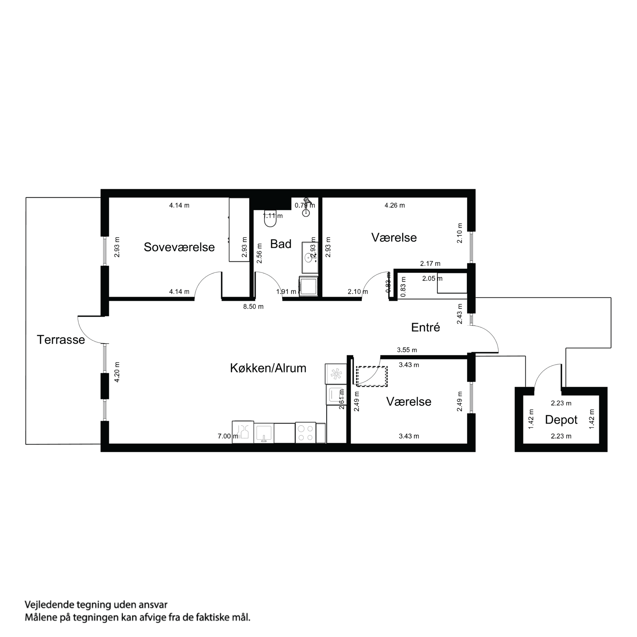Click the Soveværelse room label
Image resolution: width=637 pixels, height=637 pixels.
pos(179,247)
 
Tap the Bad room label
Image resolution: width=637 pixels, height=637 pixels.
pos(281,244)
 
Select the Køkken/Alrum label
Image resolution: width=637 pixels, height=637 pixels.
pos(268,368)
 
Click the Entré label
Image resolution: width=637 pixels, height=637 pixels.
pos(425,327)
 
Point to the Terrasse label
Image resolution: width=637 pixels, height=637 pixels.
pos(61,340)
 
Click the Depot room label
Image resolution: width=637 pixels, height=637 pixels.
pos(561,420)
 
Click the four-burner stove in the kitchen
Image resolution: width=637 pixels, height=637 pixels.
pos(305,433)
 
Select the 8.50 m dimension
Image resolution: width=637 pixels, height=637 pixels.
pos(253,307)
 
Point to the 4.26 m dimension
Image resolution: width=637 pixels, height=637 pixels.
pos(395,205)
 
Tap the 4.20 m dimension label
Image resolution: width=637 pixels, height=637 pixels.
pos(117,372)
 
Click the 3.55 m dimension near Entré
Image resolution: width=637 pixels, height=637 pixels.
pos(407,350)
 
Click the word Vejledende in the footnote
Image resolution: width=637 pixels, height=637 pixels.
pos(50,605)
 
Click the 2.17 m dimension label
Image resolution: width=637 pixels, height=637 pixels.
pos(430,264)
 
